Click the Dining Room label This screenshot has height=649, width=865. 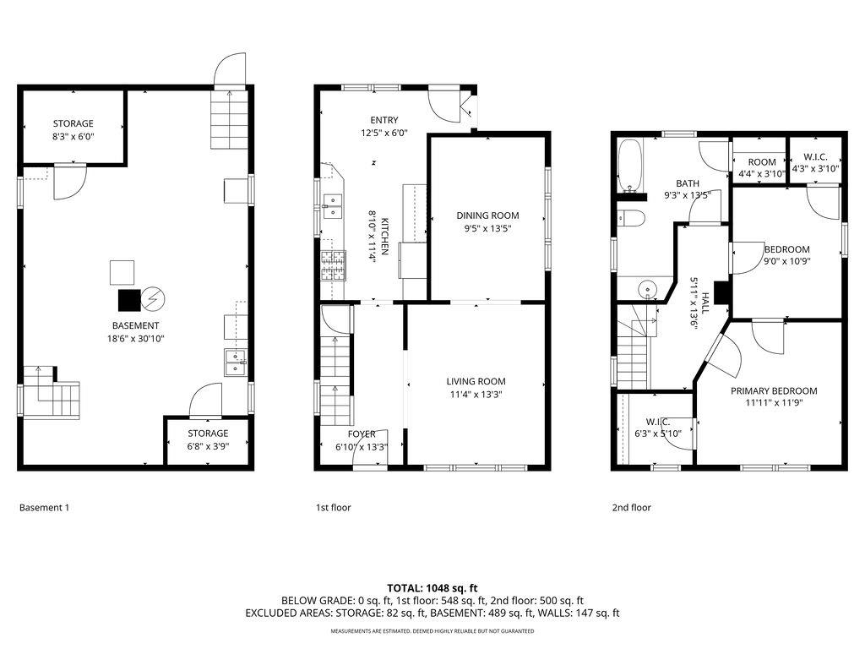point(487,215)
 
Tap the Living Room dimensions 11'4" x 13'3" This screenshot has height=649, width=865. point(476,394)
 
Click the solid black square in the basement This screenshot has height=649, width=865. point(129,301)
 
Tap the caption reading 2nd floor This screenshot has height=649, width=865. point(631,508)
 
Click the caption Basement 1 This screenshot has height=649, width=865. point(44,508)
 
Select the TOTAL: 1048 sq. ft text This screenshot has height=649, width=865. point(432,587)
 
